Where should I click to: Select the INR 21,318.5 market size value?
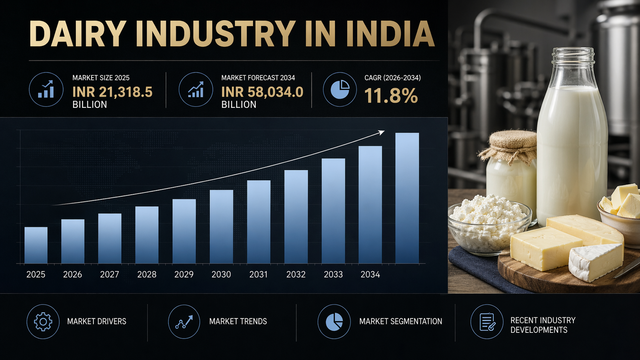[112, 92]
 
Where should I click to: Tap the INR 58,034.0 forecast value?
[262, 92]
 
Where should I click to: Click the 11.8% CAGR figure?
[390, 96]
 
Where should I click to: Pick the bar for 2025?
[36, 245]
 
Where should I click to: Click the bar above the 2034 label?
[370, 204]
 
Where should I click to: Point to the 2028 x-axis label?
[147, 274]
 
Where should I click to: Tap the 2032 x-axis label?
[296, 274]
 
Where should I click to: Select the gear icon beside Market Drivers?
[43, 322]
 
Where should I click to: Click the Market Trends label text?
[238, 321]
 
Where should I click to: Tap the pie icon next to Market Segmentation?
[334, 322]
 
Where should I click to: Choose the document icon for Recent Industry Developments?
[487, 322]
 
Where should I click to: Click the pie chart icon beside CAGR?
[340, 90]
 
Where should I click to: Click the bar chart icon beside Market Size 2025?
[46, 90]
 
